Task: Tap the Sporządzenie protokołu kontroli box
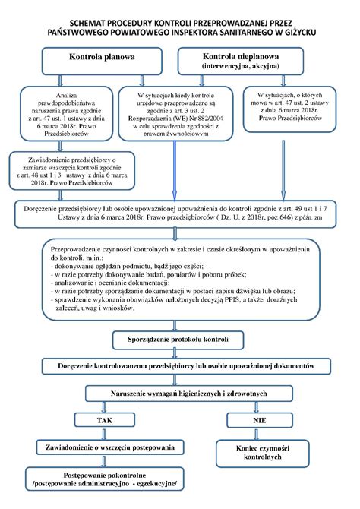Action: [x=179, y=338]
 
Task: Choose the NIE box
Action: [x=258, y=419]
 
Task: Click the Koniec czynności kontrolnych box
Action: [x=258, y=453]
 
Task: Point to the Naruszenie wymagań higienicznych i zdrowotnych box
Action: [x=180, y=392]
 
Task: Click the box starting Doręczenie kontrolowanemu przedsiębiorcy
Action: [x=180, y=365]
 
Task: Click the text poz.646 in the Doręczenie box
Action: [x=285, y=217]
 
